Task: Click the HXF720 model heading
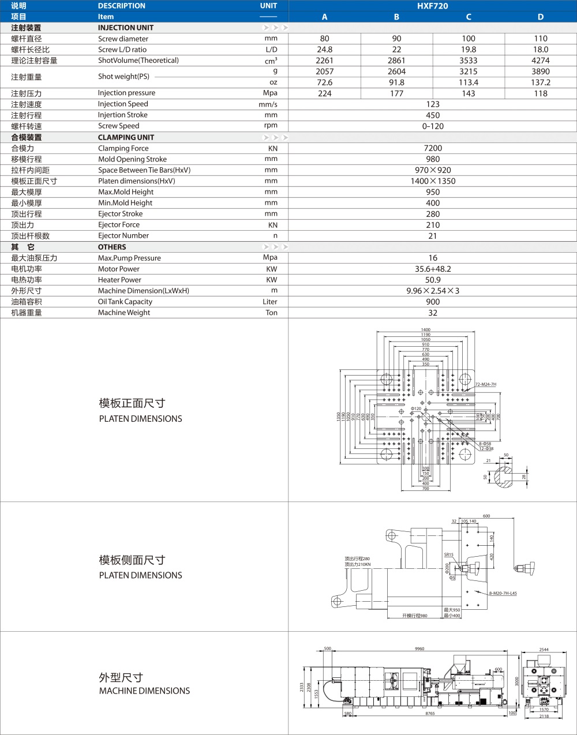[432, 6]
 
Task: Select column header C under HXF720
[469, 17]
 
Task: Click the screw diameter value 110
[541, 39]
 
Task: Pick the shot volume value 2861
[396, 61]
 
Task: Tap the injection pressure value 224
[325, 93]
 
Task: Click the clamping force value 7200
[433, 148]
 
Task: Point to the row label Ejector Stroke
[120, 214]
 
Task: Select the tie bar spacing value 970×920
[433, 170]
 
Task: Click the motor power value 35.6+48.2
[433, 269]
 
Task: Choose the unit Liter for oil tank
[270, 302]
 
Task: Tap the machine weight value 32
[433, 313]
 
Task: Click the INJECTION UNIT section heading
[126, 28]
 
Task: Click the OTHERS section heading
[112, 247]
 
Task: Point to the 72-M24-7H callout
[486, 384]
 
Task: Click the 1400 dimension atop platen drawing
[425, 330]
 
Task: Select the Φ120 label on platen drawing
[416, 408]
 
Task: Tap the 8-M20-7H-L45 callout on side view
[503, 593]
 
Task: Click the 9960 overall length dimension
[419, 648]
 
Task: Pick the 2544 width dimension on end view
[544, 650]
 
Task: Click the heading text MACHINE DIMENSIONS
[144, 691]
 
